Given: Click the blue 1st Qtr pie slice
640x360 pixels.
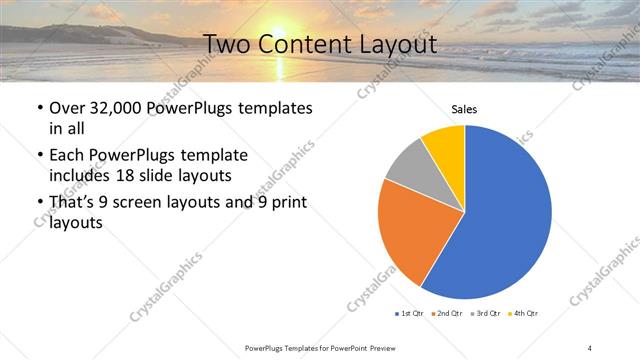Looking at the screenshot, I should click(x=505, y=220).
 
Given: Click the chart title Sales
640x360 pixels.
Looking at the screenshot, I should click(x=464, y=109).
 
